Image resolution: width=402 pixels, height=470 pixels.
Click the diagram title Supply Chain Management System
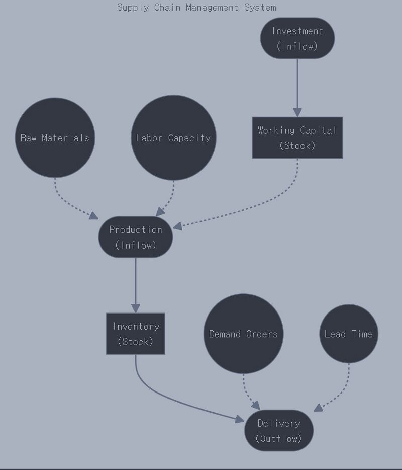pos(196,8)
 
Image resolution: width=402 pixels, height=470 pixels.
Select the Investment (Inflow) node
pos(297,38)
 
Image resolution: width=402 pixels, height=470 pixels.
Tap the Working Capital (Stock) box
pos(297,138)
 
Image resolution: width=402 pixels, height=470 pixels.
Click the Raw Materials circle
pos(55,138)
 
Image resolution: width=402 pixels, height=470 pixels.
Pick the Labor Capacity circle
pos(173,138)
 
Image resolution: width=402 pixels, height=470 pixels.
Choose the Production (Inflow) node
pos(136,237)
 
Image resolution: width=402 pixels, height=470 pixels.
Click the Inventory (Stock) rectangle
pos(136,334)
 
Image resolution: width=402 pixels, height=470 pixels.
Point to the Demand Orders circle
pos(243,334)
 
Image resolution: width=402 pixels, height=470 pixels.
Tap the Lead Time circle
pos(348,334)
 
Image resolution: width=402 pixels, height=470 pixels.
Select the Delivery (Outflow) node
pos(279,431)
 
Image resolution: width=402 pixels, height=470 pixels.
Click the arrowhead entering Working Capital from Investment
pos(297,112)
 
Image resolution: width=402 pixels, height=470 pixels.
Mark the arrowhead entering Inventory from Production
pos(136,307)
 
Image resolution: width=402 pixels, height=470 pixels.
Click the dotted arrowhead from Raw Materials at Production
pos(93,216)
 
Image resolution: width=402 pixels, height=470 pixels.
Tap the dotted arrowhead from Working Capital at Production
pos(177,226)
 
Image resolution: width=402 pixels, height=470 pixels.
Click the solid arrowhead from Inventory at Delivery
pos(239,418)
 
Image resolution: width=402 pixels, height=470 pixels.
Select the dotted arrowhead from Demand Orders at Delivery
pos(255,405)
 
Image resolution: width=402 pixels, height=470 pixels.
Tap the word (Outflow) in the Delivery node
pos(279,438)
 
